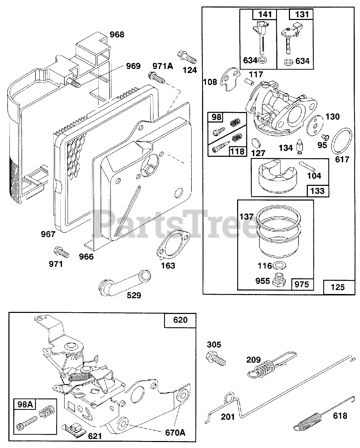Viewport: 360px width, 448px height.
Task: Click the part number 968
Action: [117, 35]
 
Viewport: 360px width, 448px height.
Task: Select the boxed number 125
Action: [337, 287]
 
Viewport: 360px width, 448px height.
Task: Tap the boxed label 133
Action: [317, 191]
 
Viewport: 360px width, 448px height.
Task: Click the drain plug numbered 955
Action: [280, 279]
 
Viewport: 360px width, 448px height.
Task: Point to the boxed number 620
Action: [180, 320]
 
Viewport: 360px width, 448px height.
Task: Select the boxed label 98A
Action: [26, 405]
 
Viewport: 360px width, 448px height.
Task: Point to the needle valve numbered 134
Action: [300, 147]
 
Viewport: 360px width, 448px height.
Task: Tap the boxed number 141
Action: [264, 14]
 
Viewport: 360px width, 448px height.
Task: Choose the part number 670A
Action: [175, 433]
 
